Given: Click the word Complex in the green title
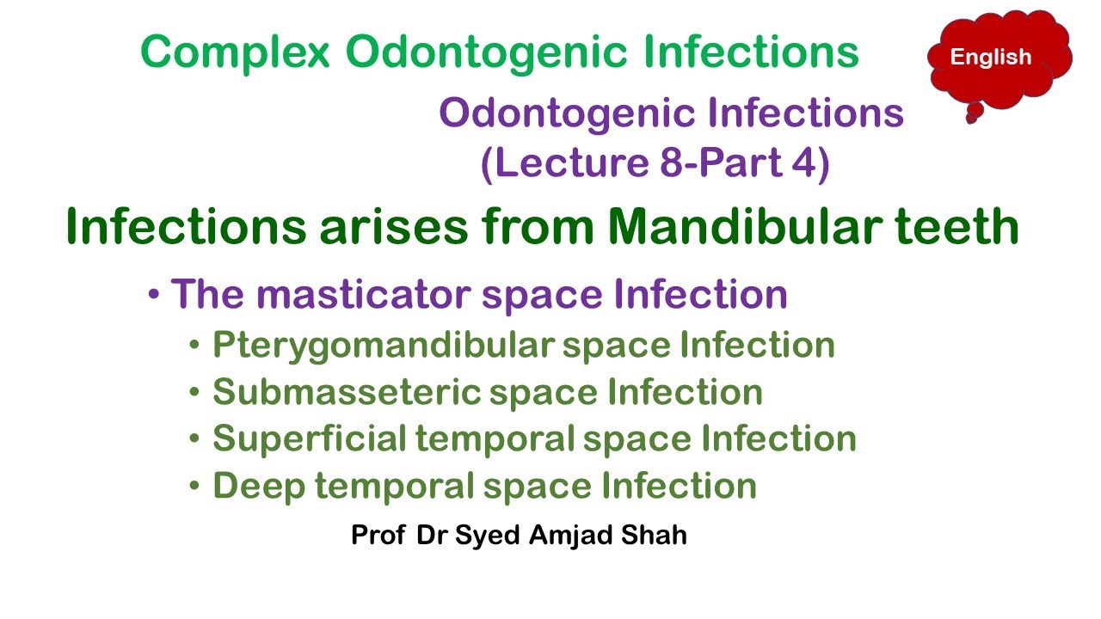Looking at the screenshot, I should [235, 53].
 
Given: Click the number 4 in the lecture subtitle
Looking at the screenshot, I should [802, 163].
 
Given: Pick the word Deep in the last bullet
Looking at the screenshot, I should [255, 487].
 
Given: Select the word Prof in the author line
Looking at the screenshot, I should [378, 536].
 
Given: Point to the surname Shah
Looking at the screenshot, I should [658, 536].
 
